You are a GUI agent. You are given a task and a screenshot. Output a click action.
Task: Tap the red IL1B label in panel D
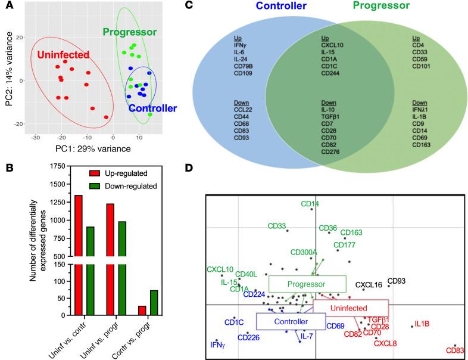pyautogui.click(x=422, y=324)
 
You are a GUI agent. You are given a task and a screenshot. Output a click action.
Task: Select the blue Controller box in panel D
pyautogui.click(x=283, y=321)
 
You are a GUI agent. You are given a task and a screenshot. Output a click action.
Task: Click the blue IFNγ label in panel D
pyautogui.click(x=220, y=345)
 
